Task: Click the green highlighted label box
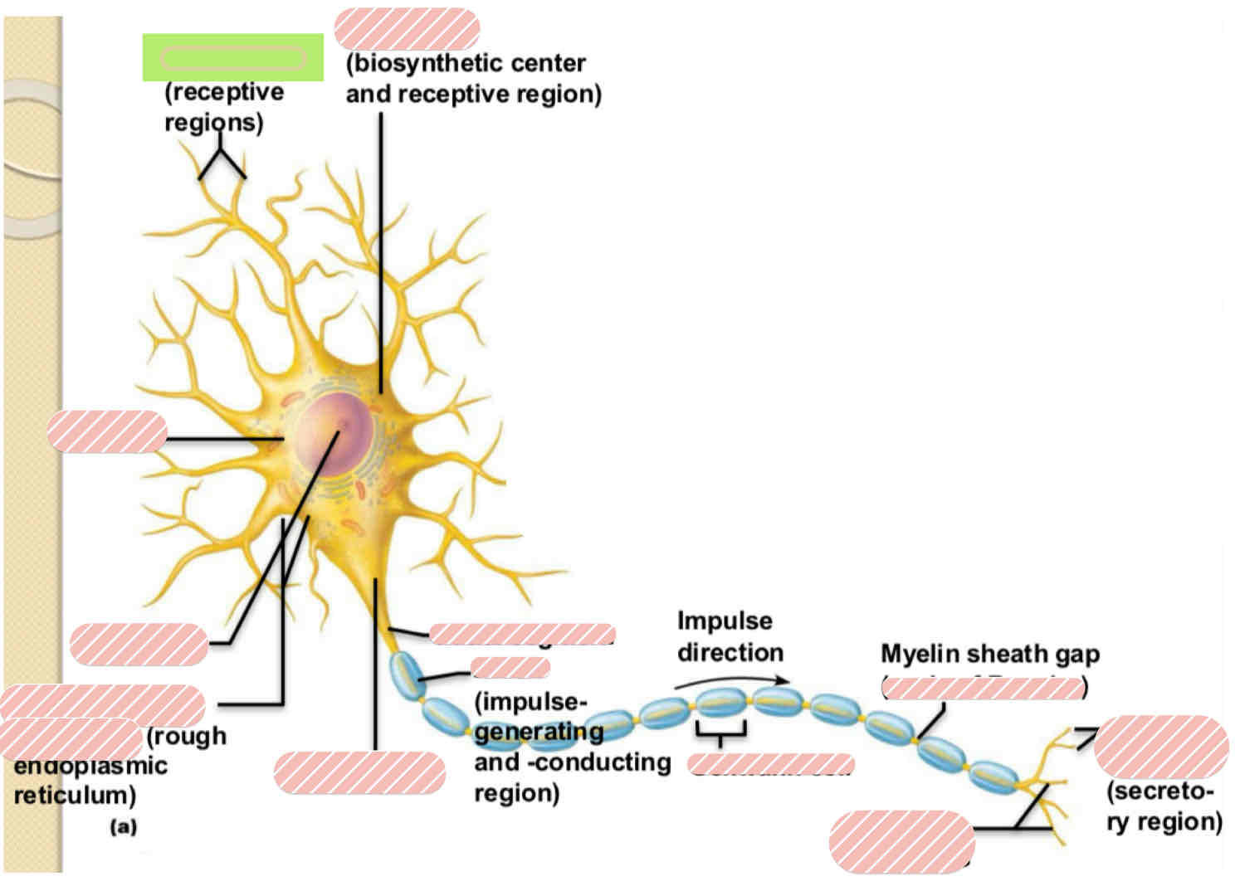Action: pos(232,57)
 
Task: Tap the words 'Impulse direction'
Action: pos(729,636)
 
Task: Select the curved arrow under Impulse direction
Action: pos(730,681)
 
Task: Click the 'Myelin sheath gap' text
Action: pos(989,654)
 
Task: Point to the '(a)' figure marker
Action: pos(123,826)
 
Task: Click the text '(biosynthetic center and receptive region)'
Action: pos(472,79)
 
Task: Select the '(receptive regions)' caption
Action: pos(223,106)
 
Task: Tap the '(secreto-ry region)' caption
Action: pos(1164,806)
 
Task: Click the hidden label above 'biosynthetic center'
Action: pos(407,29)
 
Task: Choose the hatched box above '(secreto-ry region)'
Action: pos(1160,747)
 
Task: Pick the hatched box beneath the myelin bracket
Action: pos(771,764)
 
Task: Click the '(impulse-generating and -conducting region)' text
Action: pos(571,747)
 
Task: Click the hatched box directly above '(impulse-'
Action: pos(510,667)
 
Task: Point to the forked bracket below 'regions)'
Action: pos(221,162)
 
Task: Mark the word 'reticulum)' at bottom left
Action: pos(75,796)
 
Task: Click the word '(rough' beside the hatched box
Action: pos(186,736)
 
